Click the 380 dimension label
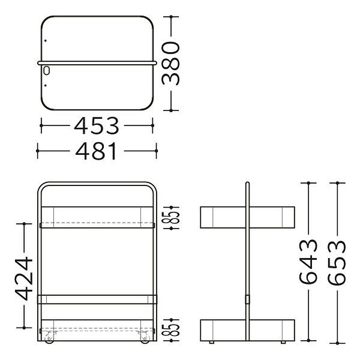point(170,64)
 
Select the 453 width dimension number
point(97,125)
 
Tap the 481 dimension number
point(96,151)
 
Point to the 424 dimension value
point(24,278)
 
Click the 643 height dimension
point(308,261)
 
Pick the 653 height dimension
point(337,262)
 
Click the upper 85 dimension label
point(171,217)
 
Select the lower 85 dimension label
point(171,330)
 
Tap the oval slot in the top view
point(46,70)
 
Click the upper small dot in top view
point(46,41)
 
